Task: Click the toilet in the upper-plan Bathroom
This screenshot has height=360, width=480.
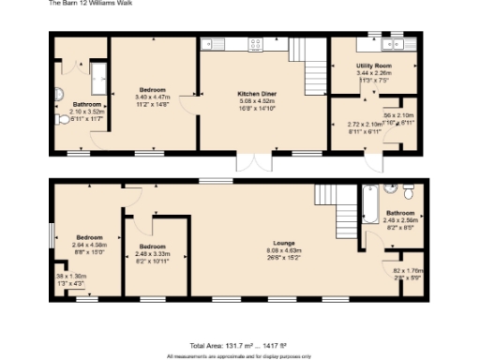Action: point(63,120)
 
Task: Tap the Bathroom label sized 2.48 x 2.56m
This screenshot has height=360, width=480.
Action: point(401,214)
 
